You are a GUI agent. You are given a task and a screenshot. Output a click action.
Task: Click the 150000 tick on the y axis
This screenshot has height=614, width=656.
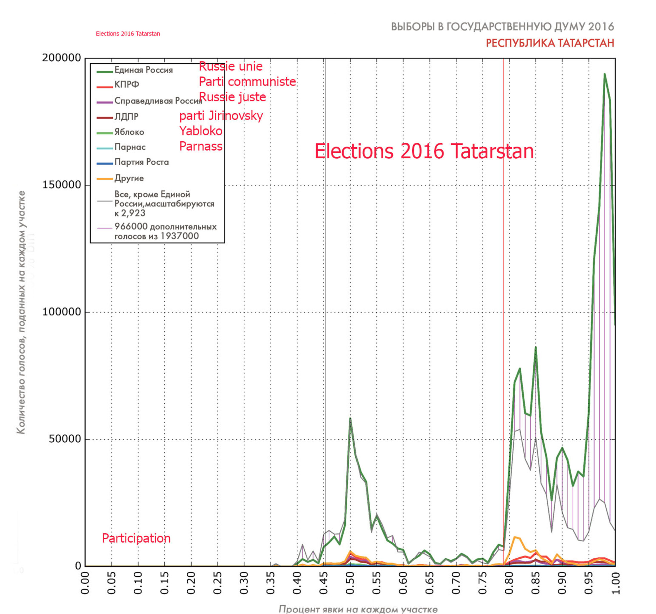62,185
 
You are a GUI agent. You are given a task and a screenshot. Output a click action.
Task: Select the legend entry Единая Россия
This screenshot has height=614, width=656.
143,70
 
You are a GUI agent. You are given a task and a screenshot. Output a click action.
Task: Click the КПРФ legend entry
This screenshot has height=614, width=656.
127,84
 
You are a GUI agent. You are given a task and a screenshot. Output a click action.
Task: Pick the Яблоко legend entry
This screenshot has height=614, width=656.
129,132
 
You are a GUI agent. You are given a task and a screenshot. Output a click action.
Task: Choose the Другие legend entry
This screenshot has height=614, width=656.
129,178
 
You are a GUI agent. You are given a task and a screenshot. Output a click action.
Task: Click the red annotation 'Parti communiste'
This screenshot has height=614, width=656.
247,81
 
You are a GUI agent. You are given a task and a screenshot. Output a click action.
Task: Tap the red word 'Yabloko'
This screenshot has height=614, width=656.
201,131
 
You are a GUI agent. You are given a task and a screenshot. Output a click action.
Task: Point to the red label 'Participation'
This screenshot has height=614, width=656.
136,539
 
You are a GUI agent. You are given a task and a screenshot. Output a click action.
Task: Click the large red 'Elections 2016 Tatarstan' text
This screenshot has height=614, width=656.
424,151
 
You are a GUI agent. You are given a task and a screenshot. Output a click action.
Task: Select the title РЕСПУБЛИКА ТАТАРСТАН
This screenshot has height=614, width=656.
550,43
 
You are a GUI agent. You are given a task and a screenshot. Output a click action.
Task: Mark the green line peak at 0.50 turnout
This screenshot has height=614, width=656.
350,418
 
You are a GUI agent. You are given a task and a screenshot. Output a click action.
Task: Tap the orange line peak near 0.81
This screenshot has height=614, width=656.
515,537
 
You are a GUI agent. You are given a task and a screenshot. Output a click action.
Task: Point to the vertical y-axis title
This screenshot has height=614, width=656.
21,312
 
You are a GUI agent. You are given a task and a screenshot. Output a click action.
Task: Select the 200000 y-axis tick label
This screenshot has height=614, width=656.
62,58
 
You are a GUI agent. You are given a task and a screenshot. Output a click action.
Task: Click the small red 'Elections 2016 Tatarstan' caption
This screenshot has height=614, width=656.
128,34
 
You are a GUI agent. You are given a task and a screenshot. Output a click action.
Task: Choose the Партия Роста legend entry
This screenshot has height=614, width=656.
141,162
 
